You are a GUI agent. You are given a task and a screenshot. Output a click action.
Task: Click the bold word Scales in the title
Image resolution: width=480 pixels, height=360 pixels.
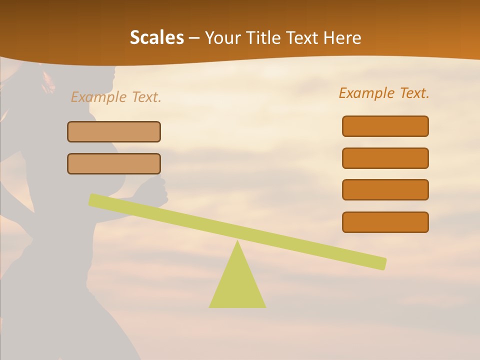pos(157,37)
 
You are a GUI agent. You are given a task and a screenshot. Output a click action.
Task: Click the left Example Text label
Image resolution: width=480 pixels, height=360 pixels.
pos(116,97)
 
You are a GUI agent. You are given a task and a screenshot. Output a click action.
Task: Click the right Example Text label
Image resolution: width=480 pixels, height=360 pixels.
pos(384,93)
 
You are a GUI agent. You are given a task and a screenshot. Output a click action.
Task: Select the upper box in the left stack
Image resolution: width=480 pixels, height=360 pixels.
pos(114,131)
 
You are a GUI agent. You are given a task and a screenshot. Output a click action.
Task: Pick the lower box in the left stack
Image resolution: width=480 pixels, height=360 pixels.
pos(114,163)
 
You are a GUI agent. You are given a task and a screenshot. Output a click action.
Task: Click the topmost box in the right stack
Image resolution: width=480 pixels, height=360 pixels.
pos(385,126)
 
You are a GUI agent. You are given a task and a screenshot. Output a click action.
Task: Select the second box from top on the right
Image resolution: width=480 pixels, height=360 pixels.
pos(385,158)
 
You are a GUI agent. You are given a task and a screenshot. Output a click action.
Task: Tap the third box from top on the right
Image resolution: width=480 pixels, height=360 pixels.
pos(385,189)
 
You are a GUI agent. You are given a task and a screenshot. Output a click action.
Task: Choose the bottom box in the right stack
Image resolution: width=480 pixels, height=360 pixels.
pos(385,222)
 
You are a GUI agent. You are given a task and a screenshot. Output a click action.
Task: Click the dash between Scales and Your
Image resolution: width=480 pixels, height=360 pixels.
pos(194,38)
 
